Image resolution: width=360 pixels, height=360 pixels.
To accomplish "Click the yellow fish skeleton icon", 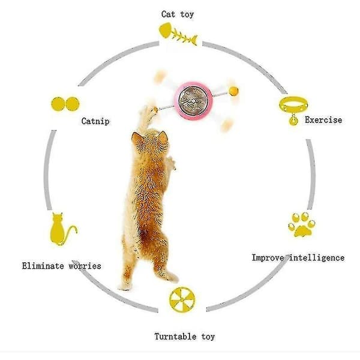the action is (x=178, y=34).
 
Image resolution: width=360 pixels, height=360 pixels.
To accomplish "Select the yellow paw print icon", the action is (x=302, y=225).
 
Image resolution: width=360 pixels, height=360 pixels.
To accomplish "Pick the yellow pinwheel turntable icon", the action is (x=182, y=299).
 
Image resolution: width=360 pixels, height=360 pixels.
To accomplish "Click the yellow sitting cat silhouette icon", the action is (x=62, y=229).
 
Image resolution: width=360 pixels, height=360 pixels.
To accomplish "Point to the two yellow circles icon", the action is (x=65, y=104).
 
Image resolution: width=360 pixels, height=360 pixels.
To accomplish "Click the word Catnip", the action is (x=95, y=121).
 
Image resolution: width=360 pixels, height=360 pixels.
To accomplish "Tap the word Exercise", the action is (x=323, y=120).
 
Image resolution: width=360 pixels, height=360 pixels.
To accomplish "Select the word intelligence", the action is (x=317, y=257).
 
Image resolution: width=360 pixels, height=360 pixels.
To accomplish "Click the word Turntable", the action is (x=175, y=337).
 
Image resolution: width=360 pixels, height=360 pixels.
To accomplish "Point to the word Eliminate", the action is (x=43, y=266).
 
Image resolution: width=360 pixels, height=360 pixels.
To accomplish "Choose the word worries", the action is (x=85, y=266).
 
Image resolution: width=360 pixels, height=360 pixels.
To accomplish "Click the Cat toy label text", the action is (x=178, y=14).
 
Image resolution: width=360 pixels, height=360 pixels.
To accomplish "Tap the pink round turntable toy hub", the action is (x=193, y=101).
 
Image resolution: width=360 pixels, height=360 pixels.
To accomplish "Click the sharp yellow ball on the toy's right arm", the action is (x=233, y=91).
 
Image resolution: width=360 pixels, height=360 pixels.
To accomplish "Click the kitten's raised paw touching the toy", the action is (x=149, y=111).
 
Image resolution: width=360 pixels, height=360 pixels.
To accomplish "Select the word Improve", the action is (x=268, y=258).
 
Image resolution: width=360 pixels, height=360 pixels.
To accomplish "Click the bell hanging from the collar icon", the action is (x=293, y=121).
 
